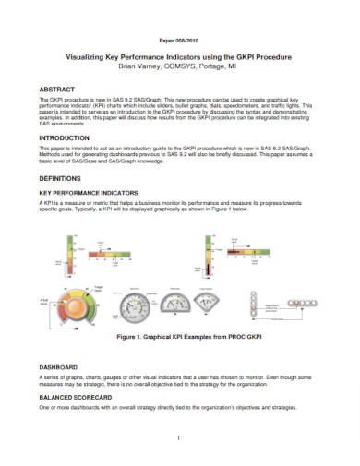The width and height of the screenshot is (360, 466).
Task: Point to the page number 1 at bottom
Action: point(179,437)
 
